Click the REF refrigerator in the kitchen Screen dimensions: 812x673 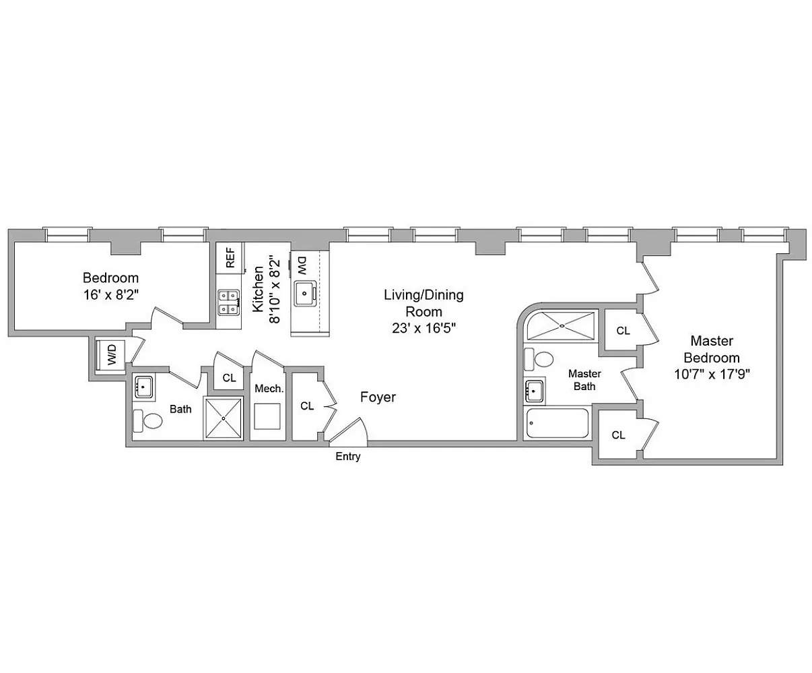[230, 257]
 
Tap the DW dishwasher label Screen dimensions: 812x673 [302, 265]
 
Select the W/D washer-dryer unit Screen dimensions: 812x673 [110, 354]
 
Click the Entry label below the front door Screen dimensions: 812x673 [347, 456]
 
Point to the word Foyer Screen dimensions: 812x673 [378, 397]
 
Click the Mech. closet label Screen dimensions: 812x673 [269, 389]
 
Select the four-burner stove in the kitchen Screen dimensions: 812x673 [229, 302]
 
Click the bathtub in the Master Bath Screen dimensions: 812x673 [557, 423]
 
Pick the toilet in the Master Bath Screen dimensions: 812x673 [539, 359]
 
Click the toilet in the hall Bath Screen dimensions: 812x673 [147, 421]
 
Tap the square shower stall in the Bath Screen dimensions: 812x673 [224, 418]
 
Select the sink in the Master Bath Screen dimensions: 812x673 [535, 391]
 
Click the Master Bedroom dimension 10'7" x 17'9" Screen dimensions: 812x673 [712, 375]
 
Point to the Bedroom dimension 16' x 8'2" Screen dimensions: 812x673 [111, 294]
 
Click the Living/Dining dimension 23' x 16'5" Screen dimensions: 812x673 [424, 329]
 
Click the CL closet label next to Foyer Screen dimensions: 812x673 [307, 406]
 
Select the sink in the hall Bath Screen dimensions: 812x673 [143, 387]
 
